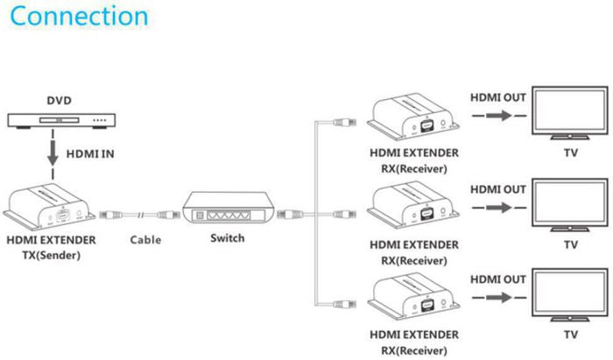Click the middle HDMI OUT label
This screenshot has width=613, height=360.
497,188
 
